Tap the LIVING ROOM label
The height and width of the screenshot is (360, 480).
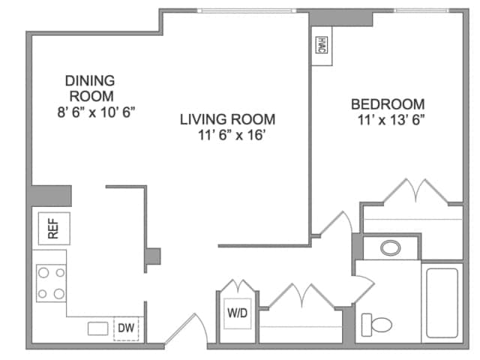pyautogui.click(x=227, y=118)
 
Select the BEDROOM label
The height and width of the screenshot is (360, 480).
pyautogui.click(x=388, y=104)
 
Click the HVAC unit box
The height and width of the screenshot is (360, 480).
pyautogui.click(x=322, y=47)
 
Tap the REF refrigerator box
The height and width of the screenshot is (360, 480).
pyautogui.click(x=53, y=226)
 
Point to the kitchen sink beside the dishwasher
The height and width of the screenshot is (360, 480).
pyautogui.click(x=97, y=328)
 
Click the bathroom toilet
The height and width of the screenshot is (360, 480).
pyautogui.click(x=376, y=325)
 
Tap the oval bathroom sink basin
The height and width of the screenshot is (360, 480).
pyautogui.click(x=390, y=247)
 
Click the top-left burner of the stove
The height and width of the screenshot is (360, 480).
pyautogui.click(x=43, y=273)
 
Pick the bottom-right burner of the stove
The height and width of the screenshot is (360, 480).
pyautogui.click(x=59, y=292)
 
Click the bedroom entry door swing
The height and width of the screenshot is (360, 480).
pyautogui.click(x=334, y=223)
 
